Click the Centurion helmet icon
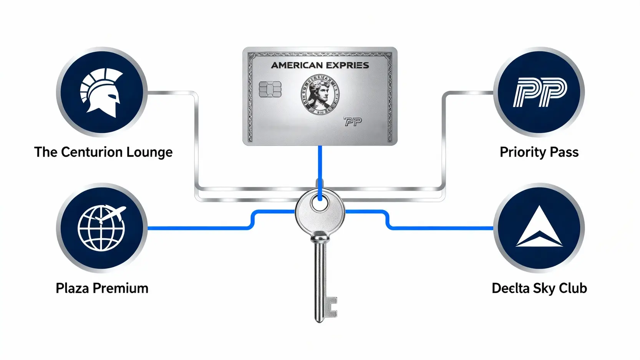(101, 93)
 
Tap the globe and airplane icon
(101, 228)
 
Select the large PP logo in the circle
(539, 92)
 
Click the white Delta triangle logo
(539, 228)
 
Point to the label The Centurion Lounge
(103, 152)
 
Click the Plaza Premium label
(102, 288)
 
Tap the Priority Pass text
(539, 152)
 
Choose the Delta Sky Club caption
(539, 288)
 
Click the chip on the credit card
(270, 89)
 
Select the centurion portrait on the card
(320, 94)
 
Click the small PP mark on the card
(353, 122)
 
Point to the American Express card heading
(320, 65)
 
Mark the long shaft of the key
(319, 277)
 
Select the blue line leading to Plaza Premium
(200, 228)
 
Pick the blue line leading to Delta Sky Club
(442, 228)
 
